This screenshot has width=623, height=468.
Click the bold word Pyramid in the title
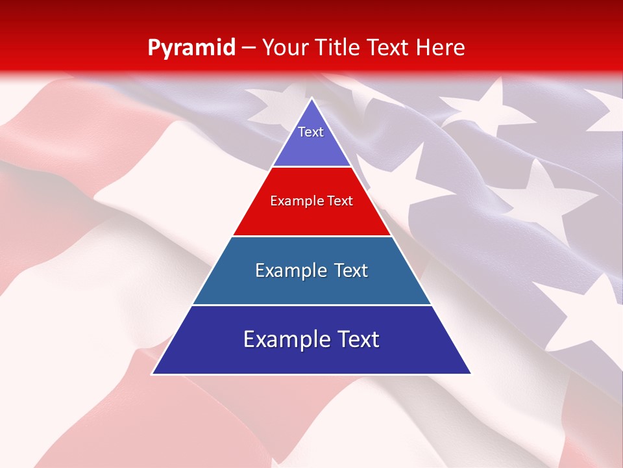point(191,48)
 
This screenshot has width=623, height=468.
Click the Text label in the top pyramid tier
point(311,132)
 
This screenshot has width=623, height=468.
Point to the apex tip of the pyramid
point(311,99)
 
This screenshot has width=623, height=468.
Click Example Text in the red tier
point(311,201)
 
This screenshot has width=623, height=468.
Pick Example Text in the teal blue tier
point(311,270)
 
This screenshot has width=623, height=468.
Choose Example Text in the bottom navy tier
point(311,339)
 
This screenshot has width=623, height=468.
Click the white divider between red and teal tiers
point(311,236)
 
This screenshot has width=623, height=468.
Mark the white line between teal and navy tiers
point(311,305)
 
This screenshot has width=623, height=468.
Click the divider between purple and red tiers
point(311,167)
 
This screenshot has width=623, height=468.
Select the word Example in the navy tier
point(284,339)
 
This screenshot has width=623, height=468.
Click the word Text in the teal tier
point(350,270)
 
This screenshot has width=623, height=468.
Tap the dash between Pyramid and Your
point(248,48)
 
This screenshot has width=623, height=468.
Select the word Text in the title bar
point(388,48)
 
